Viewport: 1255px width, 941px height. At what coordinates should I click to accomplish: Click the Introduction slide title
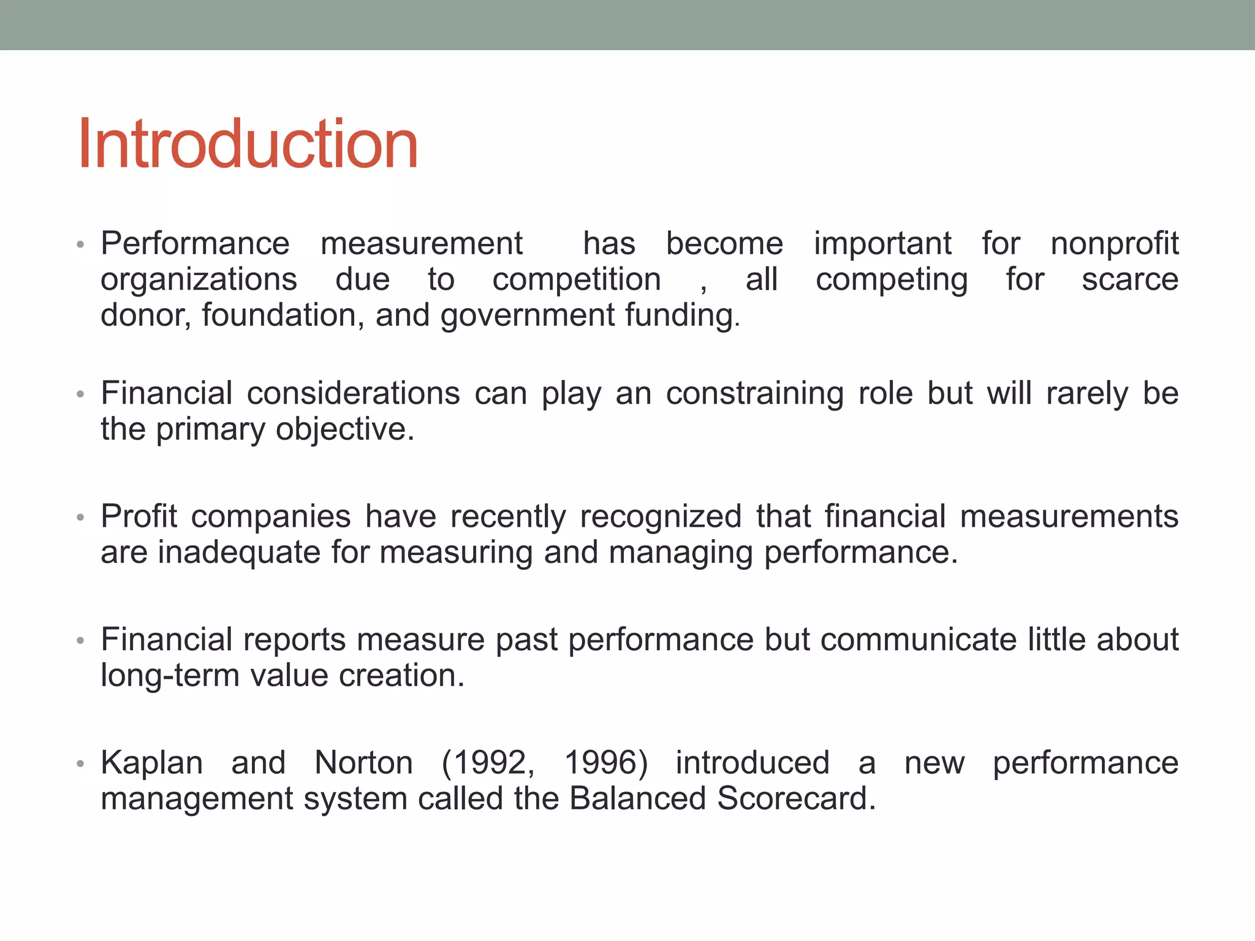tap(248, 145)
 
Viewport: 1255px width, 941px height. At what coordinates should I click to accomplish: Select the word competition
tap(577, 280)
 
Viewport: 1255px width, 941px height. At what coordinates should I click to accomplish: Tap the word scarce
tap(1129, 280)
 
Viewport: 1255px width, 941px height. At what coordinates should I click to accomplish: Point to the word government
tap(527, 316)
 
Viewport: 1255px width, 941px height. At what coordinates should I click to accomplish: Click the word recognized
tap(661, 516)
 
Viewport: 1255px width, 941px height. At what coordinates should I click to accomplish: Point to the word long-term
tap(170, 676)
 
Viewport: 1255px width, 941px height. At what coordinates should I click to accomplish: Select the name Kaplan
tap(151, 763)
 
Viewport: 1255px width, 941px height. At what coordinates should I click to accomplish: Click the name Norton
tap(363, 763)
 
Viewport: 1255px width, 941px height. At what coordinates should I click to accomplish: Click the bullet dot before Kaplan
tap(80, 765)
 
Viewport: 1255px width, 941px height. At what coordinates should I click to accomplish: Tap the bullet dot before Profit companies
tap(80, 518)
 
